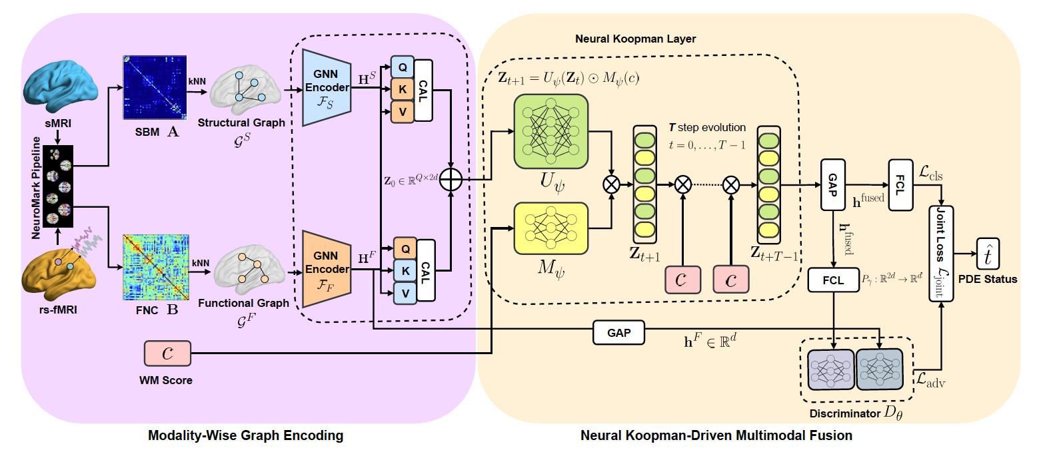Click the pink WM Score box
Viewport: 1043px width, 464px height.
167,353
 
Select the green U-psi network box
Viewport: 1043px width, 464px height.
550,130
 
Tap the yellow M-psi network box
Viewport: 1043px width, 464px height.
550,228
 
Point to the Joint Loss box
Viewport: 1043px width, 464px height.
941,254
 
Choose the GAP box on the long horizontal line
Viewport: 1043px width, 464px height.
619,332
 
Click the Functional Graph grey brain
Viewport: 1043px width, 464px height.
244,270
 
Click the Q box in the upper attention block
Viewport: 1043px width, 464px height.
403,67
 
